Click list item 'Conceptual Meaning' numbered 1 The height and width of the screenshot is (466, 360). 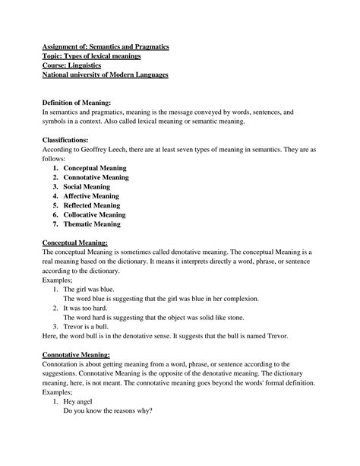pos(95,168)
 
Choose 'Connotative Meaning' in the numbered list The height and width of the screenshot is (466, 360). pos(96,177)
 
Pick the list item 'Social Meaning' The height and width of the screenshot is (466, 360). pos(87,186)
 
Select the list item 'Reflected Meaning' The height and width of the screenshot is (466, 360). pos(92,205)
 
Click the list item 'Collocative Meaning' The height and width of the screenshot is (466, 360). pos(95,214)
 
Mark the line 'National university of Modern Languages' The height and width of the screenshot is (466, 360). pos(105,75)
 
